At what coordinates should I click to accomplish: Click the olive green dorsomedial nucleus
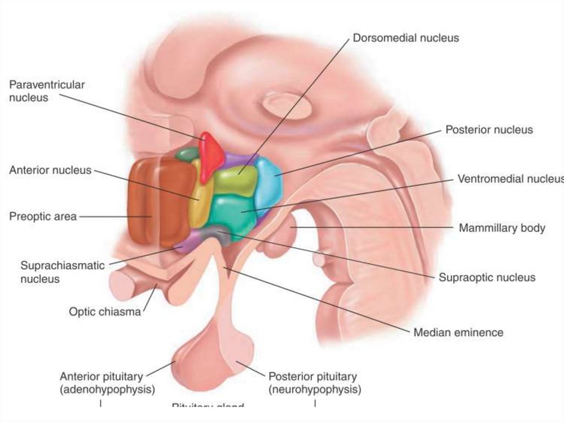coord(235,181)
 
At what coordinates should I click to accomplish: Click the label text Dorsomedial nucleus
coord(405,38)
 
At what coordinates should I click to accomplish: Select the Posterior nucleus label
coord(489,130)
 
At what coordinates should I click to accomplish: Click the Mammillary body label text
coord(502,228)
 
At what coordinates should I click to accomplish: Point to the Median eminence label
coord(458,332)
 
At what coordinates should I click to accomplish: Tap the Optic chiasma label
coord(105,312)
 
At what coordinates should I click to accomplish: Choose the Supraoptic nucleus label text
coord(487,277)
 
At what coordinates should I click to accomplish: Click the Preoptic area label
coord(43,216)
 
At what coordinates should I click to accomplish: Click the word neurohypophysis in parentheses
coord(315,390)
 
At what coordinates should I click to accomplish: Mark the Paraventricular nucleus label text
coord(47,91)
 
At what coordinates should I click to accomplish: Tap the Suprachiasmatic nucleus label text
coord(62,272)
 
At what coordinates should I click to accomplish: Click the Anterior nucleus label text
coord(50,170)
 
